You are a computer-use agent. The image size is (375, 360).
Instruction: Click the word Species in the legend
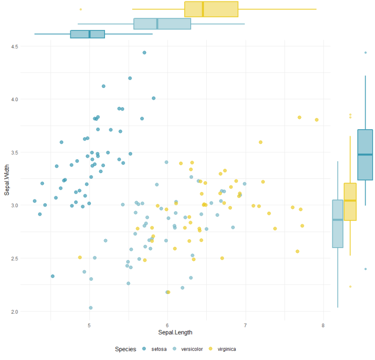[126, 349]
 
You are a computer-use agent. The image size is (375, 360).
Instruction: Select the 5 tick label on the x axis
[89, 323]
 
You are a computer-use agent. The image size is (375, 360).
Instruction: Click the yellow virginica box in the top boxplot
[211, 9]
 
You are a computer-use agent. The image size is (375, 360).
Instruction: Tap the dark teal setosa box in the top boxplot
[87, 34]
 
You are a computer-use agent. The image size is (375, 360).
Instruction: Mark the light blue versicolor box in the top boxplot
[162, 23]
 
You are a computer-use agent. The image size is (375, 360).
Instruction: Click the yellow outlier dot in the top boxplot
[81, 9]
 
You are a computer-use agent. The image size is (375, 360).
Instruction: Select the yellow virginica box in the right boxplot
[350, 201]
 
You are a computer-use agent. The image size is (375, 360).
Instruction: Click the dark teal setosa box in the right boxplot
[365, 154]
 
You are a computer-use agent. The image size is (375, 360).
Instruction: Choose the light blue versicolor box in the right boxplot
[338, 224]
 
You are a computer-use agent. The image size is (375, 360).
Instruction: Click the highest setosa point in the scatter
[144, 52]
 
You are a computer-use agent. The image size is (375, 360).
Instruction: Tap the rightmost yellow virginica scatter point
[317, 120]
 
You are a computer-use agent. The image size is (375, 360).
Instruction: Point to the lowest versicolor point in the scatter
[90, 308]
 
